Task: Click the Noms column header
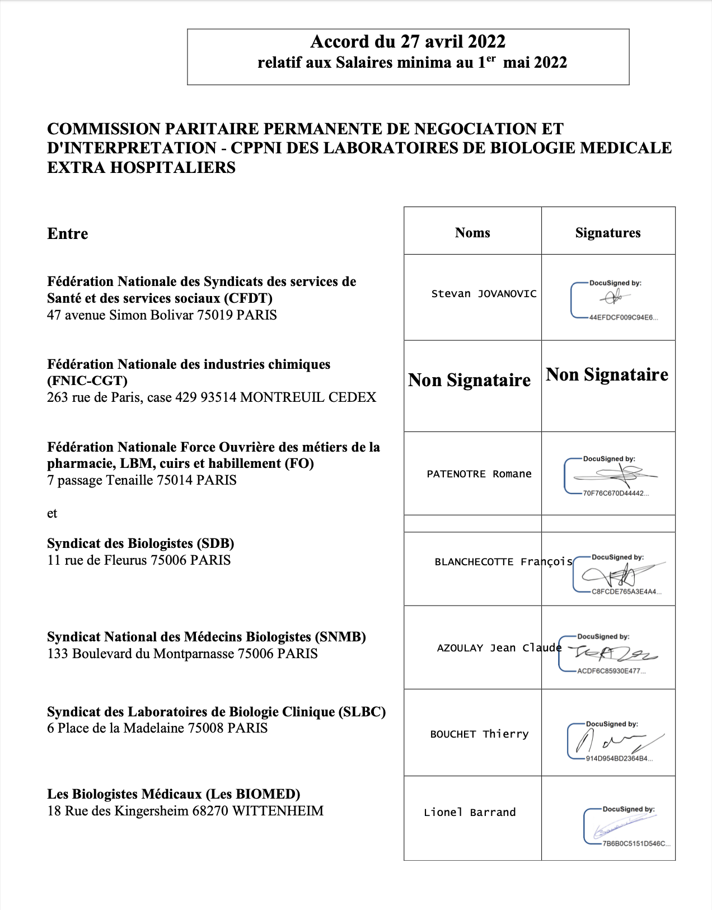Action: tap(472, 233)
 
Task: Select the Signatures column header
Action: tap(608, 233)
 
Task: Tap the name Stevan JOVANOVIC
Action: tap(484, 294)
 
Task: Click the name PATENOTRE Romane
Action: tap(479, 474)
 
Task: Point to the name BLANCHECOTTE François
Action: tap(503, 562)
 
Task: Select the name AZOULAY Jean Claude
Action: tap(499, 648)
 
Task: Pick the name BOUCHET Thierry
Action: tap(479, 734)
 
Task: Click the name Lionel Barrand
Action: tap(470, 813)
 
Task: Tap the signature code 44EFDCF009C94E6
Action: tap(623, 317)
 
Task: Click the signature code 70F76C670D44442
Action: tap(616, 494)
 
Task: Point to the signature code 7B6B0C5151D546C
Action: tap(636, 844)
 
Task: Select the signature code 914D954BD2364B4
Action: tap(619, 759)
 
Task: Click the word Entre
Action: tap(68, 234)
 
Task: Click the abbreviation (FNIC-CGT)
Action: tap(87, 381)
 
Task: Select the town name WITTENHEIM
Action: tap(278, 811)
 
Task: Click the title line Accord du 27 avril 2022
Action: tap(407, 42)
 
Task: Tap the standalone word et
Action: tap(52, 514)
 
